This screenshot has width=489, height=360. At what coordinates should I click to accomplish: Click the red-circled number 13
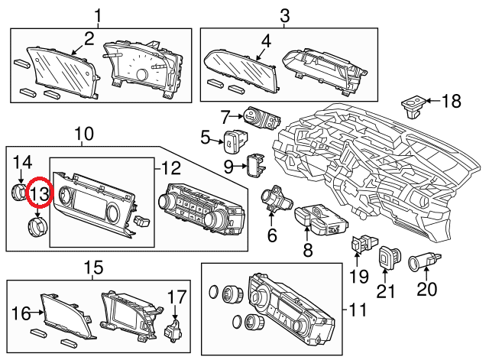click(38, 195)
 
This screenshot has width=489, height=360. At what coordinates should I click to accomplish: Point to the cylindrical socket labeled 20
click(422, 264)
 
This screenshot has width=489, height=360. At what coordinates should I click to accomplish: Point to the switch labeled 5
click(232, 140)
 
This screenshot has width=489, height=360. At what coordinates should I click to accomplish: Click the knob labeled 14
click(19, 191)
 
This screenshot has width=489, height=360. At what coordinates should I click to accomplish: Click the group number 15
click(92, 268)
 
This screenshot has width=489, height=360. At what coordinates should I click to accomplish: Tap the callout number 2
click(89, 39)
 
